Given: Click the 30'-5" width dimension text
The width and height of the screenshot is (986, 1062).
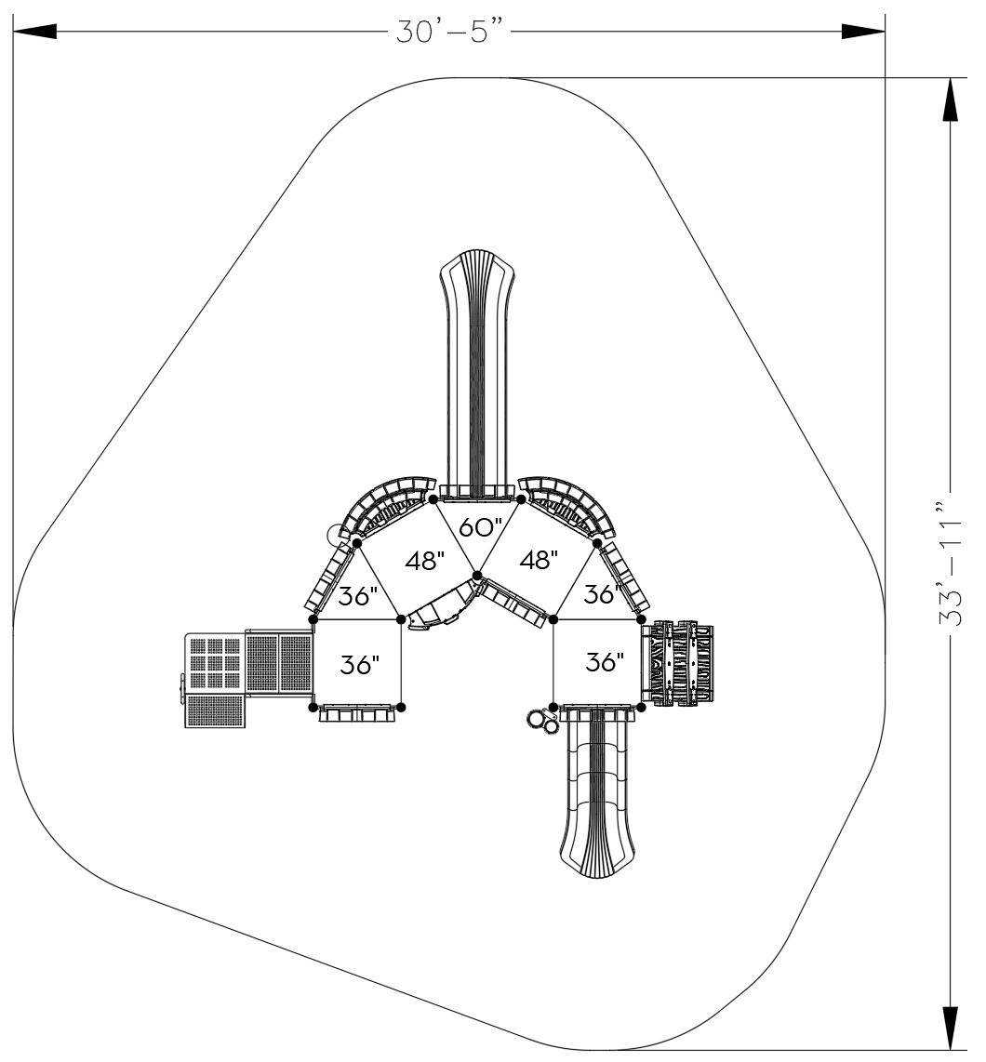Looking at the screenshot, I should coord(451,31).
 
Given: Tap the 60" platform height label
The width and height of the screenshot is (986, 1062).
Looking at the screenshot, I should coord(480,528).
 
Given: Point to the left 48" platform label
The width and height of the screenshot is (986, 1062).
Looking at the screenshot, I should coord(425,561).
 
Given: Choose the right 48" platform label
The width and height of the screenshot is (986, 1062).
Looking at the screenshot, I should coord(539,560).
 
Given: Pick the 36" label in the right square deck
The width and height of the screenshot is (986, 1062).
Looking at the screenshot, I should coord(605,662).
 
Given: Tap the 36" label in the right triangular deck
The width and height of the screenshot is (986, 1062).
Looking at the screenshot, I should coord(603,593).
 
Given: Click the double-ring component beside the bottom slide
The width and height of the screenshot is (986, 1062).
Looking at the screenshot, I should coord(540,722).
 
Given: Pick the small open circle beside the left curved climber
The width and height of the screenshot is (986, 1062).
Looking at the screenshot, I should coord(335,534).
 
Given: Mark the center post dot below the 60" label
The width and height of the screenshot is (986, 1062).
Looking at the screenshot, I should coord(477,576).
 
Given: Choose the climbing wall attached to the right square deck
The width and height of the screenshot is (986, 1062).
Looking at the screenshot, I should coord(678,663).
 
